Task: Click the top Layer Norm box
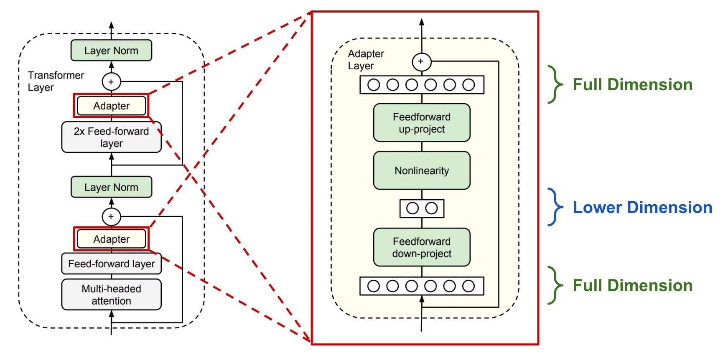[111, 51]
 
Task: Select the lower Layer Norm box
[111, 187]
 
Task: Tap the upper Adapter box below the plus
[111, 106]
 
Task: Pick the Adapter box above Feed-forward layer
[111, 239]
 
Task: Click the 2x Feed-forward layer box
[111, 137]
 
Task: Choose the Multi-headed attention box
[111, 294]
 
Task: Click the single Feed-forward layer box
[111, 264]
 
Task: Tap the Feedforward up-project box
[422, 123]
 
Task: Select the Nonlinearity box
[422, 170]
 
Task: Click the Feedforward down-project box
[422, 247]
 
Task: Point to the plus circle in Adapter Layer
[421, 62]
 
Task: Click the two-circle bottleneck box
[422, 208]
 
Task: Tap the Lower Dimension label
[642, 208]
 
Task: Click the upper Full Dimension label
[632, 85]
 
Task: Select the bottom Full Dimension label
[632, 286]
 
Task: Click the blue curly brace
[555, 207]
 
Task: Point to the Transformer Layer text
[56, 81]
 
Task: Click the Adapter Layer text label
[366, 60]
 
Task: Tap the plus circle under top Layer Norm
[111, 82]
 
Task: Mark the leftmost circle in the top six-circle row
[374, 85]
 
